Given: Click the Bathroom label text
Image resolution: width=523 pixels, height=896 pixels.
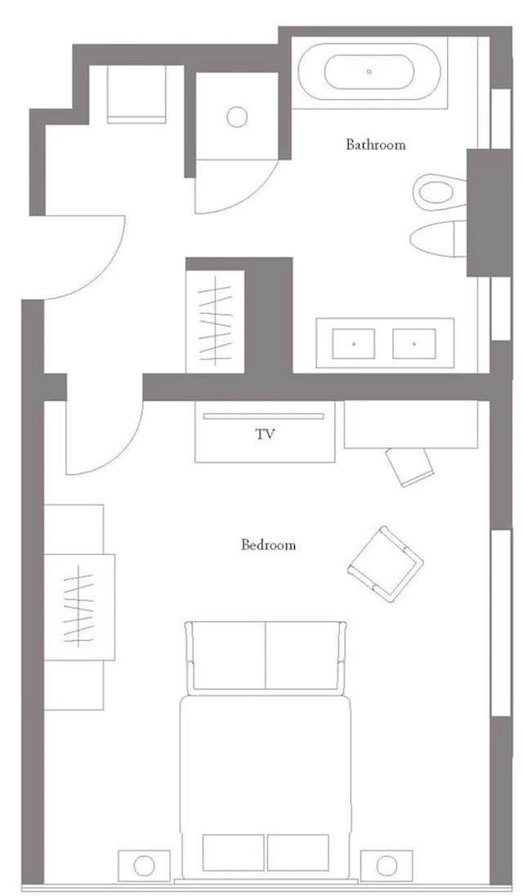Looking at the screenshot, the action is click(376, 145).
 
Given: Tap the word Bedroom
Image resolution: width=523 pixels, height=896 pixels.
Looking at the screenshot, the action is click(268, 544).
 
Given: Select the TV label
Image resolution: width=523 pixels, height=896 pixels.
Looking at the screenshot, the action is click(265, 434).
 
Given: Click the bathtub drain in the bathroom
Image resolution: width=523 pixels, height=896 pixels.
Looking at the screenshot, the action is click(369, 71).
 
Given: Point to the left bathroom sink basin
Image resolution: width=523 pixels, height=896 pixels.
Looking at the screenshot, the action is click(353, 343).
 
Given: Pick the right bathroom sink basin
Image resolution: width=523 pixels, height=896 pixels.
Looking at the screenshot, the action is click(414, 343).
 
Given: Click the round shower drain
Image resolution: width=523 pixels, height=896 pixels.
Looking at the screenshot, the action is click(237, 117).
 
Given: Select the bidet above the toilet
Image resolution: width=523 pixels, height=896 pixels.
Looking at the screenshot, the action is click(440, 192).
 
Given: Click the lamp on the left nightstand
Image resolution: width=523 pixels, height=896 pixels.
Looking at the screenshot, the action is click(145, 865).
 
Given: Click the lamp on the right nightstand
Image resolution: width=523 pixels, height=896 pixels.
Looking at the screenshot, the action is click(387, 865).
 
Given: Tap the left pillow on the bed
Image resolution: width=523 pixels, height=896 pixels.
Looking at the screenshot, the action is click(234, 853).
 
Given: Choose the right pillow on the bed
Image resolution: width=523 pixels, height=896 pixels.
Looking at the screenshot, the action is click(298, 853).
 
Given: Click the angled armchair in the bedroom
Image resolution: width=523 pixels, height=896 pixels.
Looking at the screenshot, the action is click(386, 563).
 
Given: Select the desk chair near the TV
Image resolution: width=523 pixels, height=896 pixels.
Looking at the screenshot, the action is click(409, 466).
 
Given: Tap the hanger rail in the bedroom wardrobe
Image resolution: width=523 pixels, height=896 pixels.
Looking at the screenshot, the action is click(78, 607).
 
